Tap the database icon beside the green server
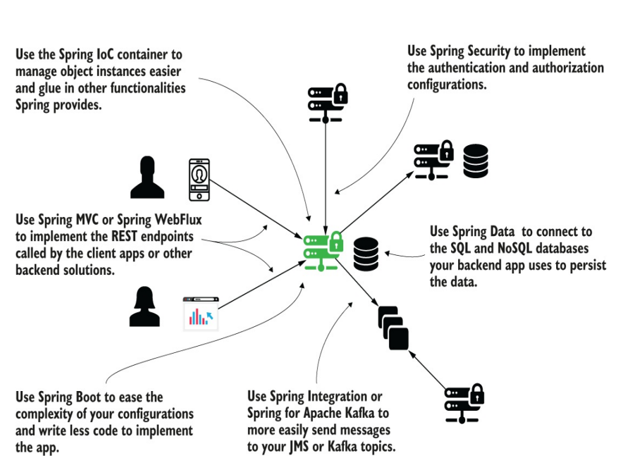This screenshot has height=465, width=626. pos(366,254)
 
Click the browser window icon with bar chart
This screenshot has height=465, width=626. pos(201,314)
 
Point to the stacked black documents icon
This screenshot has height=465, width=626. pos(393,328)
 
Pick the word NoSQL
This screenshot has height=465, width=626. pos(503,249)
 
